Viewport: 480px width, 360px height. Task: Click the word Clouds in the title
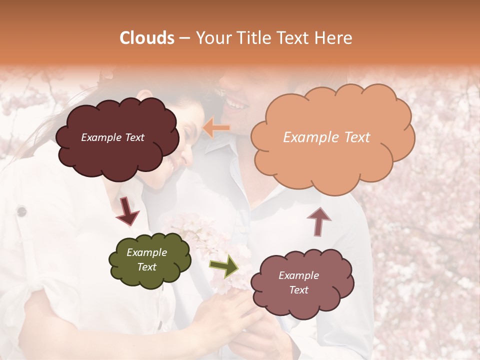pos(147,38)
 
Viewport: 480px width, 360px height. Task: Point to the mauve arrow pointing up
pos(318,220)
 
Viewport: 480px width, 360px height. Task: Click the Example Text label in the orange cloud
pos(326,137)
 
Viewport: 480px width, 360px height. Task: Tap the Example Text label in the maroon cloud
pos(112,137)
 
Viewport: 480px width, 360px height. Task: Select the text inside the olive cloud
pos(146,259)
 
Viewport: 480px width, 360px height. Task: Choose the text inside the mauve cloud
pos(298,282)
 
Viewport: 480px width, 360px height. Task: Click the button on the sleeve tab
pos(21,212)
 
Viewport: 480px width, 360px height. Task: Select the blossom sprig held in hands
pos(210,240)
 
